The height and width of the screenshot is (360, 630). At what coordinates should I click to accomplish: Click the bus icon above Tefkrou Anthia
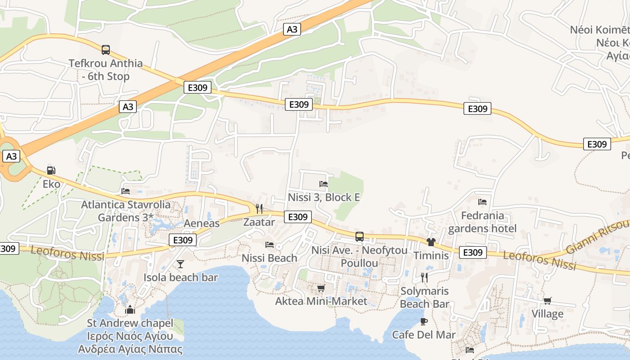pos(106,49)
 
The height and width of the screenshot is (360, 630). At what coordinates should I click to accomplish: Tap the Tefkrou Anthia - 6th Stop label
pos(106,70)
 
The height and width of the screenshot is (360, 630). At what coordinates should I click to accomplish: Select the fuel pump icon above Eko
pos(51,171)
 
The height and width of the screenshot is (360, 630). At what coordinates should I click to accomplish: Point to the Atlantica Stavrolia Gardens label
pos(126,211)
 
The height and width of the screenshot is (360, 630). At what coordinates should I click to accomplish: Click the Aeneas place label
pos(202,223)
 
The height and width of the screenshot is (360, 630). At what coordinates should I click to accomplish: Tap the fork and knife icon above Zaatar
pos(259,208)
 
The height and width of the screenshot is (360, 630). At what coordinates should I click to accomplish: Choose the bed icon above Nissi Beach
pos(270,244)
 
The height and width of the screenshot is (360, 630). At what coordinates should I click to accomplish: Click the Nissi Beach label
pos(270,258)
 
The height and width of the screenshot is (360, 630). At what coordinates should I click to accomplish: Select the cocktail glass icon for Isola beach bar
pos(180,264)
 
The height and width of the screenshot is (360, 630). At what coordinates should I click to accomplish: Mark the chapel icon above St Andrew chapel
pos(130,310)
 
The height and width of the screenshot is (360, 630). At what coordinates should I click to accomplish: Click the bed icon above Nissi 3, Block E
pos(324,184)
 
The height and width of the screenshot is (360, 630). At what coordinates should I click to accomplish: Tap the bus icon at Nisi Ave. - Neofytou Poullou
pos(360,237)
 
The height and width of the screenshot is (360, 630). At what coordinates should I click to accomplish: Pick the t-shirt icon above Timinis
pos(431,242)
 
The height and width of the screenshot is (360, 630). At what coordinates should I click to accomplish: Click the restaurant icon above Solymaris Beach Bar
pos(424,277)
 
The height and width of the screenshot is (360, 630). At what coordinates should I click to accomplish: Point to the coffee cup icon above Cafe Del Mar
pos(423,321)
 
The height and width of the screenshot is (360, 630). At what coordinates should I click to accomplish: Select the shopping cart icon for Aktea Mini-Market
pos(321,288)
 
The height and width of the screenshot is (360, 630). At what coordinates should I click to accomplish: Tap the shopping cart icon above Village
pos(548,301)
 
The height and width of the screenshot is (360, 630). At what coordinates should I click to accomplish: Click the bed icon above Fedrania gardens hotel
pos(482,202)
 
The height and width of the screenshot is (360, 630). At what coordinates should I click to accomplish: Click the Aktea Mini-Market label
pos(321,301)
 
